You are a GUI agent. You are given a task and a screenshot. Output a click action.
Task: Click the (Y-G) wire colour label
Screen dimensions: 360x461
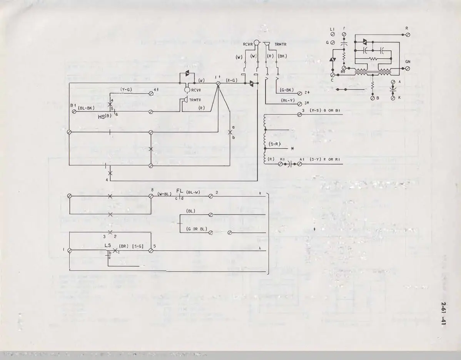tap(126, 90)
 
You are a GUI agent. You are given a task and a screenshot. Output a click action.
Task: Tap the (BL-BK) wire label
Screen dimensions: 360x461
tap(86, 108)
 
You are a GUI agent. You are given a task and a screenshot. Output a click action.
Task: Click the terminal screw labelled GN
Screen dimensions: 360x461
tap(408, 68)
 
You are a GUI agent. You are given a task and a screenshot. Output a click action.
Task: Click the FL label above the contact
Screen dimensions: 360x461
tap(179, 190)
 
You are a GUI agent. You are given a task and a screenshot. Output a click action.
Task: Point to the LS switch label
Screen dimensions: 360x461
tap(108, 245)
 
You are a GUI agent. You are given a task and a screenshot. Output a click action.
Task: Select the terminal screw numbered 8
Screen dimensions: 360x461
tap(151, 196)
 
